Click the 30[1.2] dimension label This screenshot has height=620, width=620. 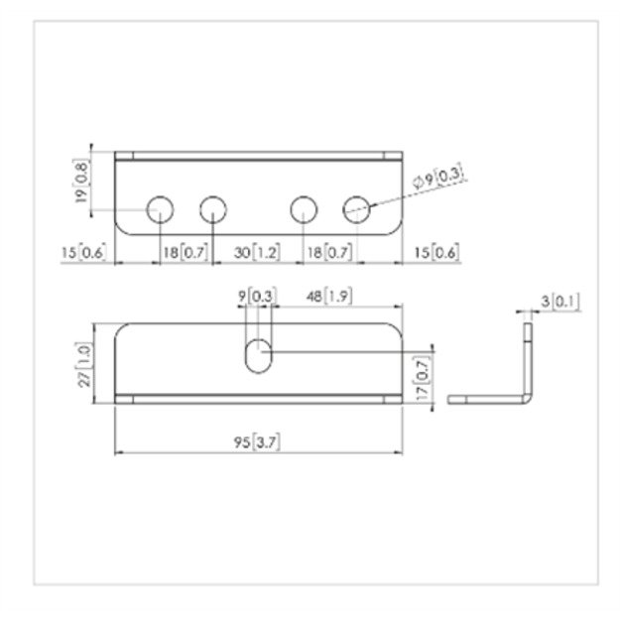point(257,254)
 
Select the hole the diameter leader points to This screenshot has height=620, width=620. point(356,209)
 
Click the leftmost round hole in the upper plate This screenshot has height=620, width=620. point(159,209)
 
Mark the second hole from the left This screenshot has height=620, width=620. point(213,209)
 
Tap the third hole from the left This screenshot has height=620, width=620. point(304,209)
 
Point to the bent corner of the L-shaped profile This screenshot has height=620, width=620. point(527,396)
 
